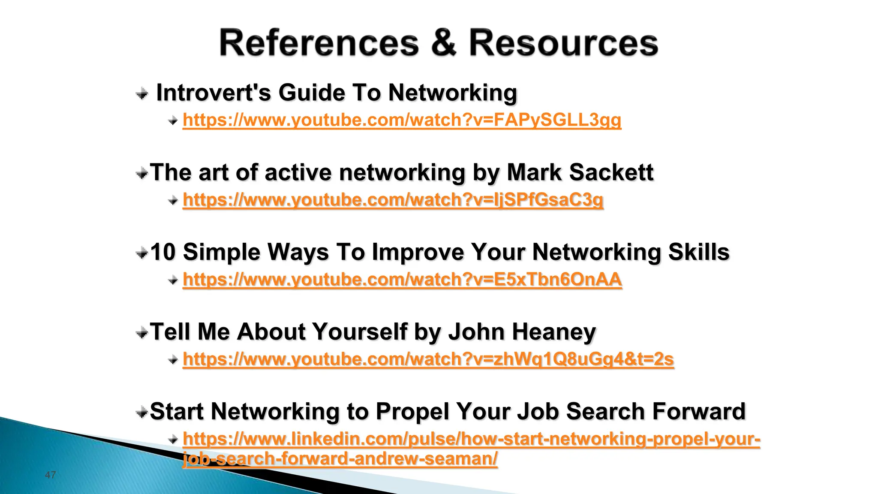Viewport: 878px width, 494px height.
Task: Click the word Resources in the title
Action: coord(563,42)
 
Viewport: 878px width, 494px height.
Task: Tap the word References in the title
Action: coord(319,42)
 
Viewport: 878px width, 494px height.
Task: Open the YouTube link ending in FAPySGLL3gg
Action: coord(402,120)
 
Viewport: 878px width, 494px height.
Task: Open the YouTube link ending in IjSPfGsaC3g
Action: coord(393,200)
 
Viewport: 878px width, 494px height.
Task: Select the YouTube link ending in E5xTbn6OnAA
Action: coord(402,280)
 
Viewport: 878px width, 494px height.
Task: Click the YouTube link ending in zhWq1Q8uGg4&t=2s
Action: coord(428,359)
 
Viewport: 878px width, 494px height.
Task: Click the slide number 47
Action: coord(51,475)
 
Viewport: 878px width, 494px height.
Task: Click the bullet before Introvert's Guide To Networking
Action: coord(142,93)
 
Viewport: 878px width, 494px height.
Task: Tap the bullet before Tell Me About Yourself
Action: coord(142,332)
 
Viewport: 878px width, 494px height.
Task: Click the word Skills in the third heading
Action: coord(699,252)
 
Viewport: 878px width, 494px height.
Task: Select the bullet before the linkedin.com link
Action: coord(173,439)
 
